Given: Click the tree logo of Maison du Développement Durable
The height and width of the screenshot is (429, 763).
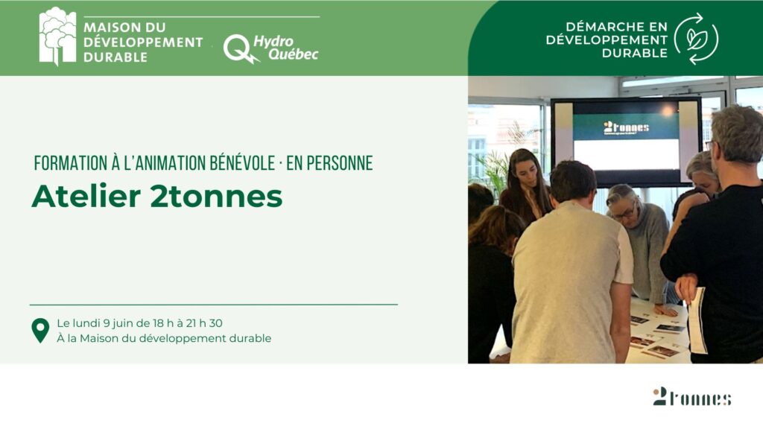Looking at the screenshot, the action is click(57, 36).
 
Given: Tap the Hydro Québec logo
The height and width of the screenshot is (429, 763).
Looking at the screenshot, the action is click(271, 48).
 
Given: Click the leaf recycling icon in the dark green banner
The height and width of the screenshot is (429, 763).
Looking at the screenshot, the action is click(697, 39).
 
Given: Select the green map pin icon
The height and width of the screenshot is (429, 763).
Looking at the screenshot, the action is click(40, 331).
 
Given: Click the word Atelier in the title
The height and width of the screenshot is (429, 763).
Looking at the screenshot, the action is click(86, 197).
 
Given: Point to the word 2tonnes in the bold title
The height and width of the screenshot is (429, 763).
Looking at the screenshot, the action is click(216, 197).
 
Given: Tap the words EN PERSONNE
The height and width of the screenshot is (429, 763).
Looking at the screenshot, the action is click(329, 163).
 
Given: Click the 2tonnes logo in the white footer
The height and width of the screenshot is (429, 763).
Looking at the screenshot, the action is click(692, 396).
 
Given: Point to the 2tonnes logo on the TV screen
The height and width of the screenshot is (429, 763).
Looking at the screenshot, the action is click(626, 128).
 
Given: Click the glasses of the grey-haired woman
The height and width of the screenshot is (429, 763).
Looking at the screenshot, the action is click(624, 213).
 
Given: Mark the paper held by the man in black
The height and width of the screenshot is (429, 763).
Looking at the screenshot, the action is click(697, 320).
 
